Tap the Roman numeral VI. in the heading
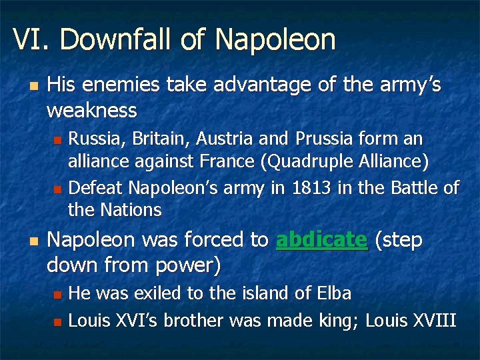point(31,40)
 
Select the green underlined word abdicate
point(321,240)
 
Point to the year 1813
point(312,188)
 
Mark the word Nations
point(131,211)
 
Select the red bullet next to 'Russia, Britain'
point(57,140)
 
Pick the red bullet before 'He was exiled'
point(57,294)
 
